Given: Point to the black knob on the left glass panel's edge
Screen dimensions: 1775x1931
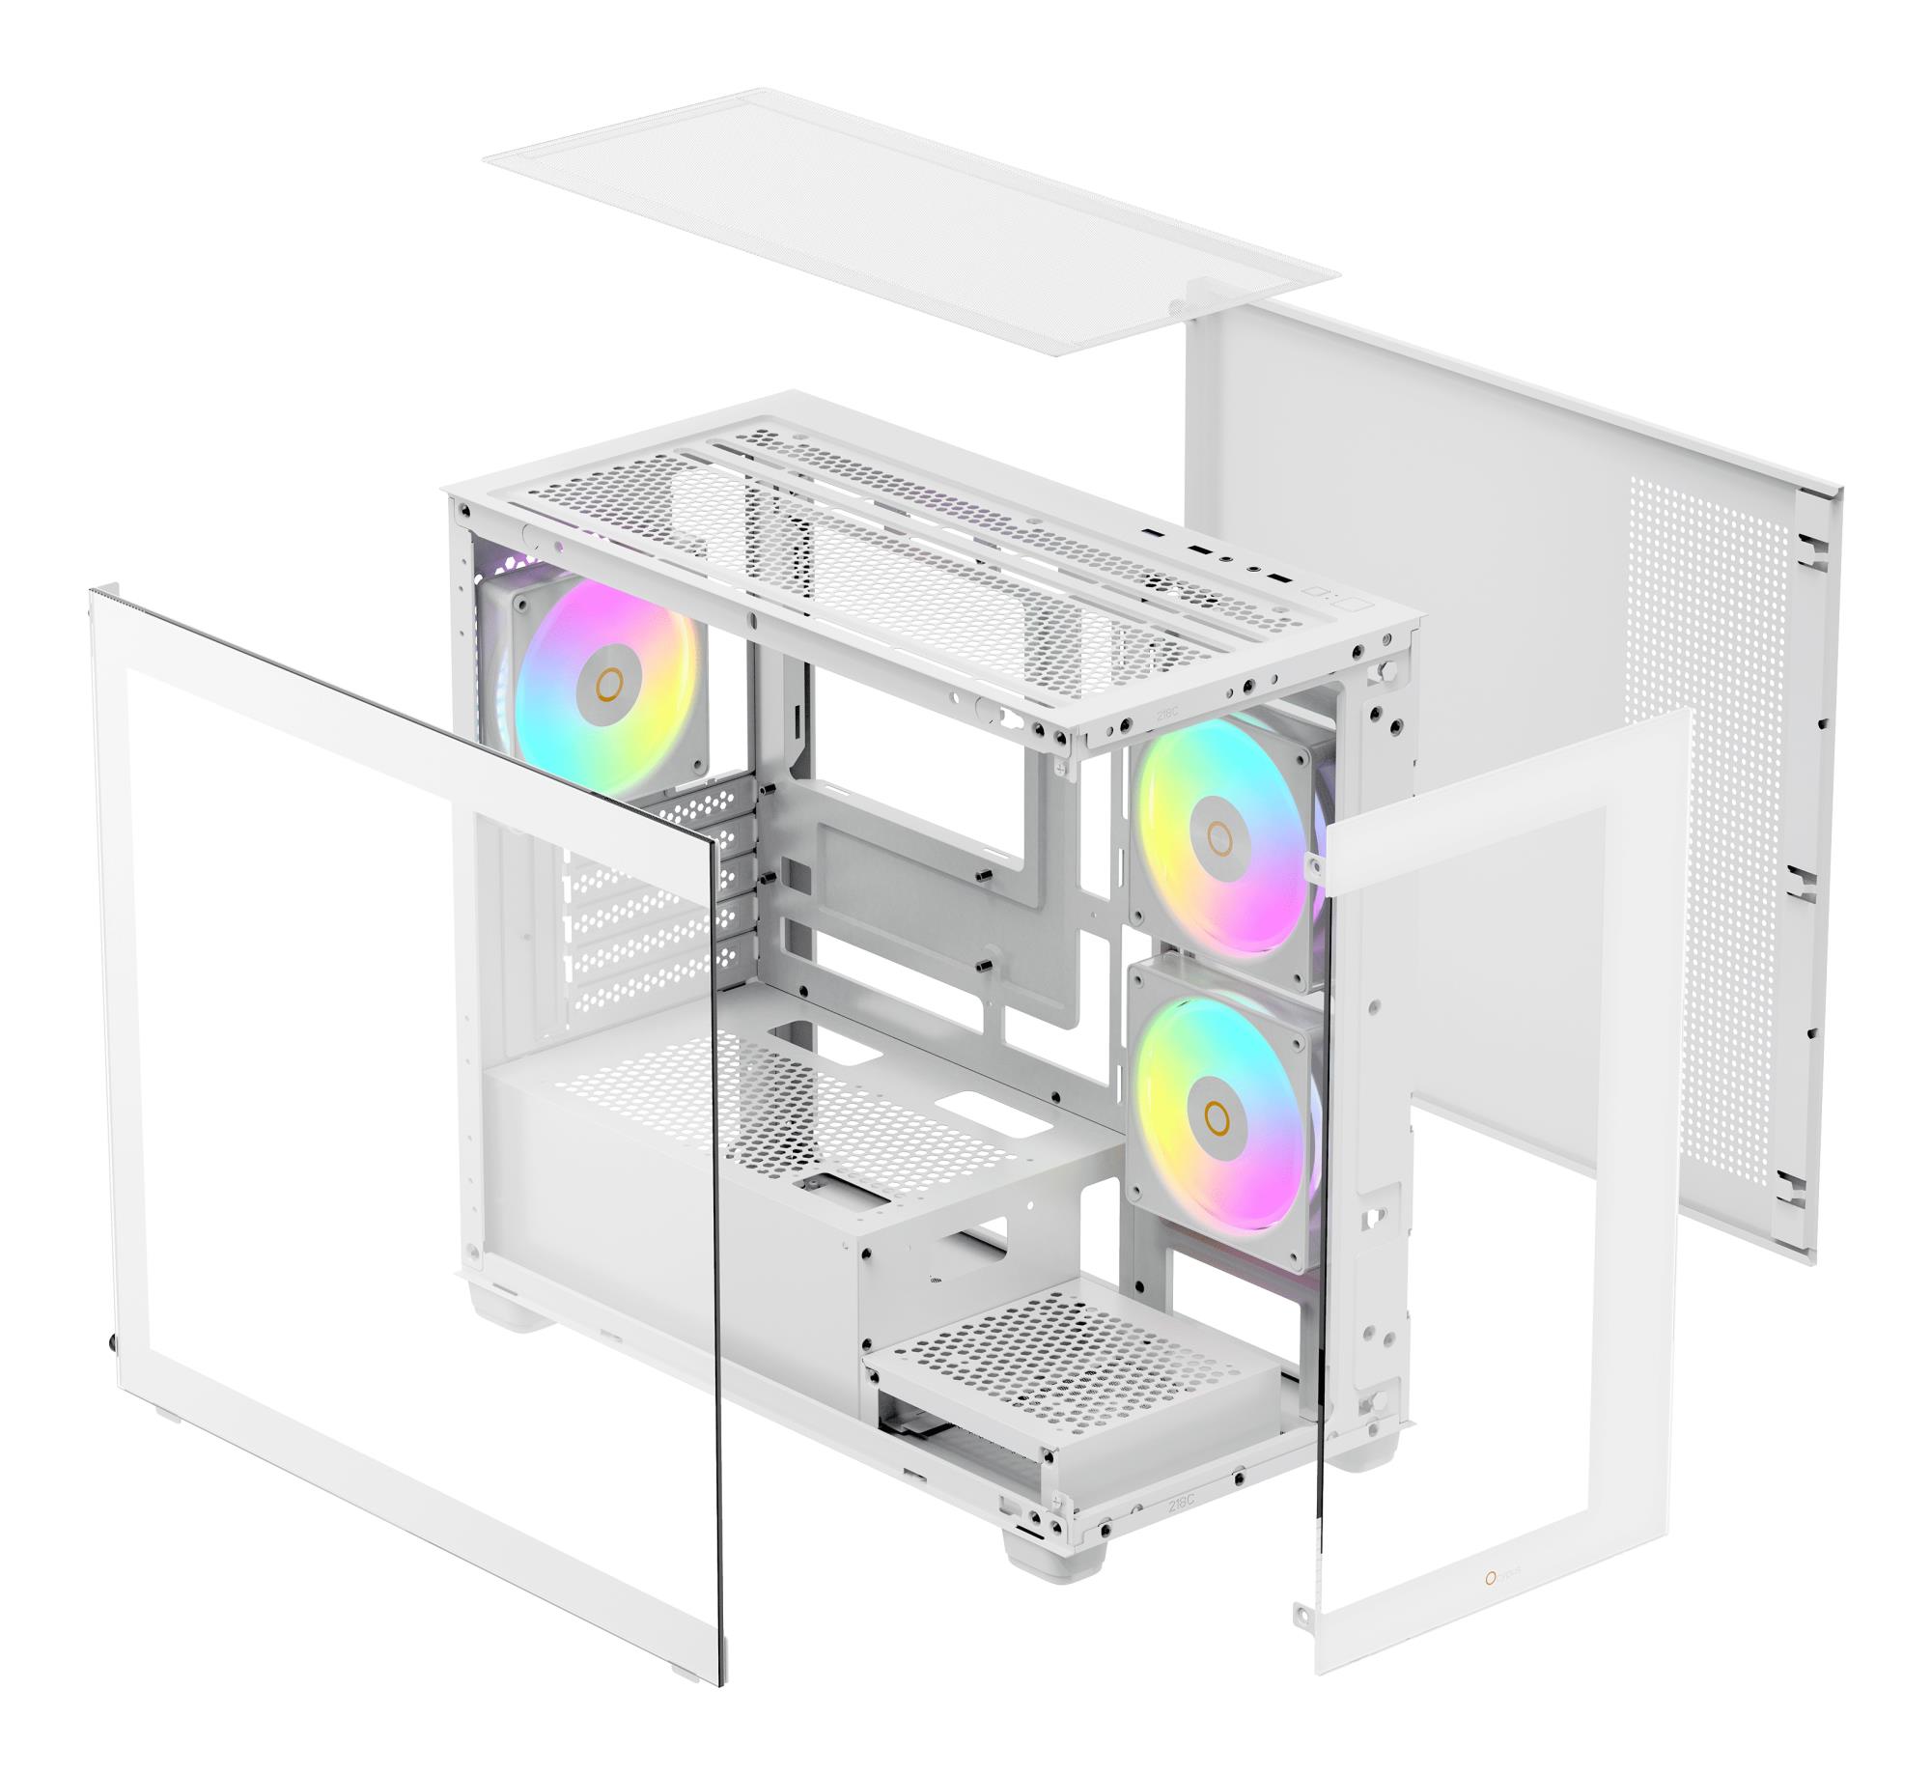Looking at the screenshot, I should (x=113, y=1341).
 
